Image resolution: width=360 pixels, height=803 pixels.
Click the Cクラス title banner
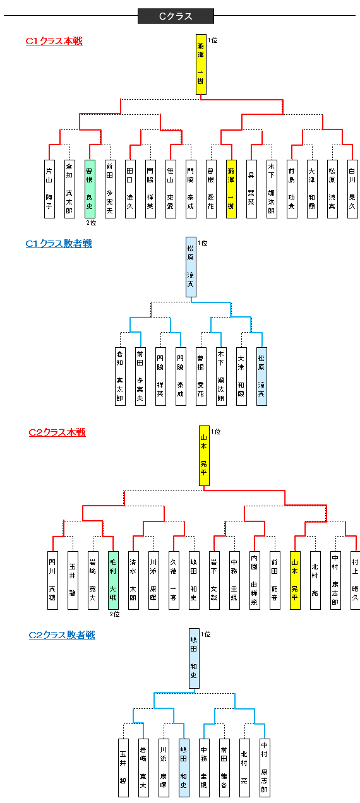[176, 16]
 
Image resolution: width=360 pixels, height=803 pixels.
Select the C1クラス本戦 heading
[54, 41]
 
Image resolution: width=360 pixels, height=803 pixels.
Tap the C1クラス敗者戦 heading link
[59, 243]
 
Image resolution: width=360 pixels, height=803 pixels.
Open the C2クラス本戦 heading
[57, 432]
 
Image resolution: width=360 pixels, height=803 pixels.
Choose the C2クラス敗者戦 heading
[62, 635]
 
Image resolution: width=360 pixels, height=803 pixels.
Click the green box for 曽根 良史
[90, 188]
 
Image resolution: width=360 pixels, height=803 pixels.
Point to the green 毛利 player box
[113, 580]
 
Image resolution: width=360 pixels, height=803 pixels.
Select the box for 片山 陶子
[49, 188]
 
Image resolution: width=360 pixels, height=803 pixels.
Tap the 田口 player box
[130, 188]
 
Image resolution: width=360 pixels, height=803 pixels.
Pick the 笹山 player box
[171, 188]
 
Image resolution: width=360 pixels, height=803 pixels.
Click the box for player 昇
[251, 188]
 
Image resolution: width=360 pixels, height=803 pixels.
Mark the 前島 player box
[292, 188]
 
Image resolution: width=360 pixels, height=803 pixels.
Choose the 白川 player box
[352, 188]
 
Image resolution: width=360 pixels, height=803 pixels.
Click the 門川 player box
[52, 580]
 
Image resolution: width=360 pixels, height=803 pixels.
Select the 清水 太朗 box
[133, 580]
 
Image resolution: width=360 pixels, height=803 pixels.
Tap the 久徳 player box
[174, 580]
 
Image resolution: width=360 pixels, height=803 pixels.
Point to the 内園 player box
[255, 580]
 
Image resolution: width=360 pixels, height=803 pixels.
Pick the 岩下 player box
[214, 580]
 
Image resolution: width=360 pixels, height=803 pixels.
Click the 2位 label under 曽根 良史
[91, 222]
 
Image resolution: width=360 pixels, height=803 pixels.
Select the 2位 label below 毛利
[114, 614]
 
